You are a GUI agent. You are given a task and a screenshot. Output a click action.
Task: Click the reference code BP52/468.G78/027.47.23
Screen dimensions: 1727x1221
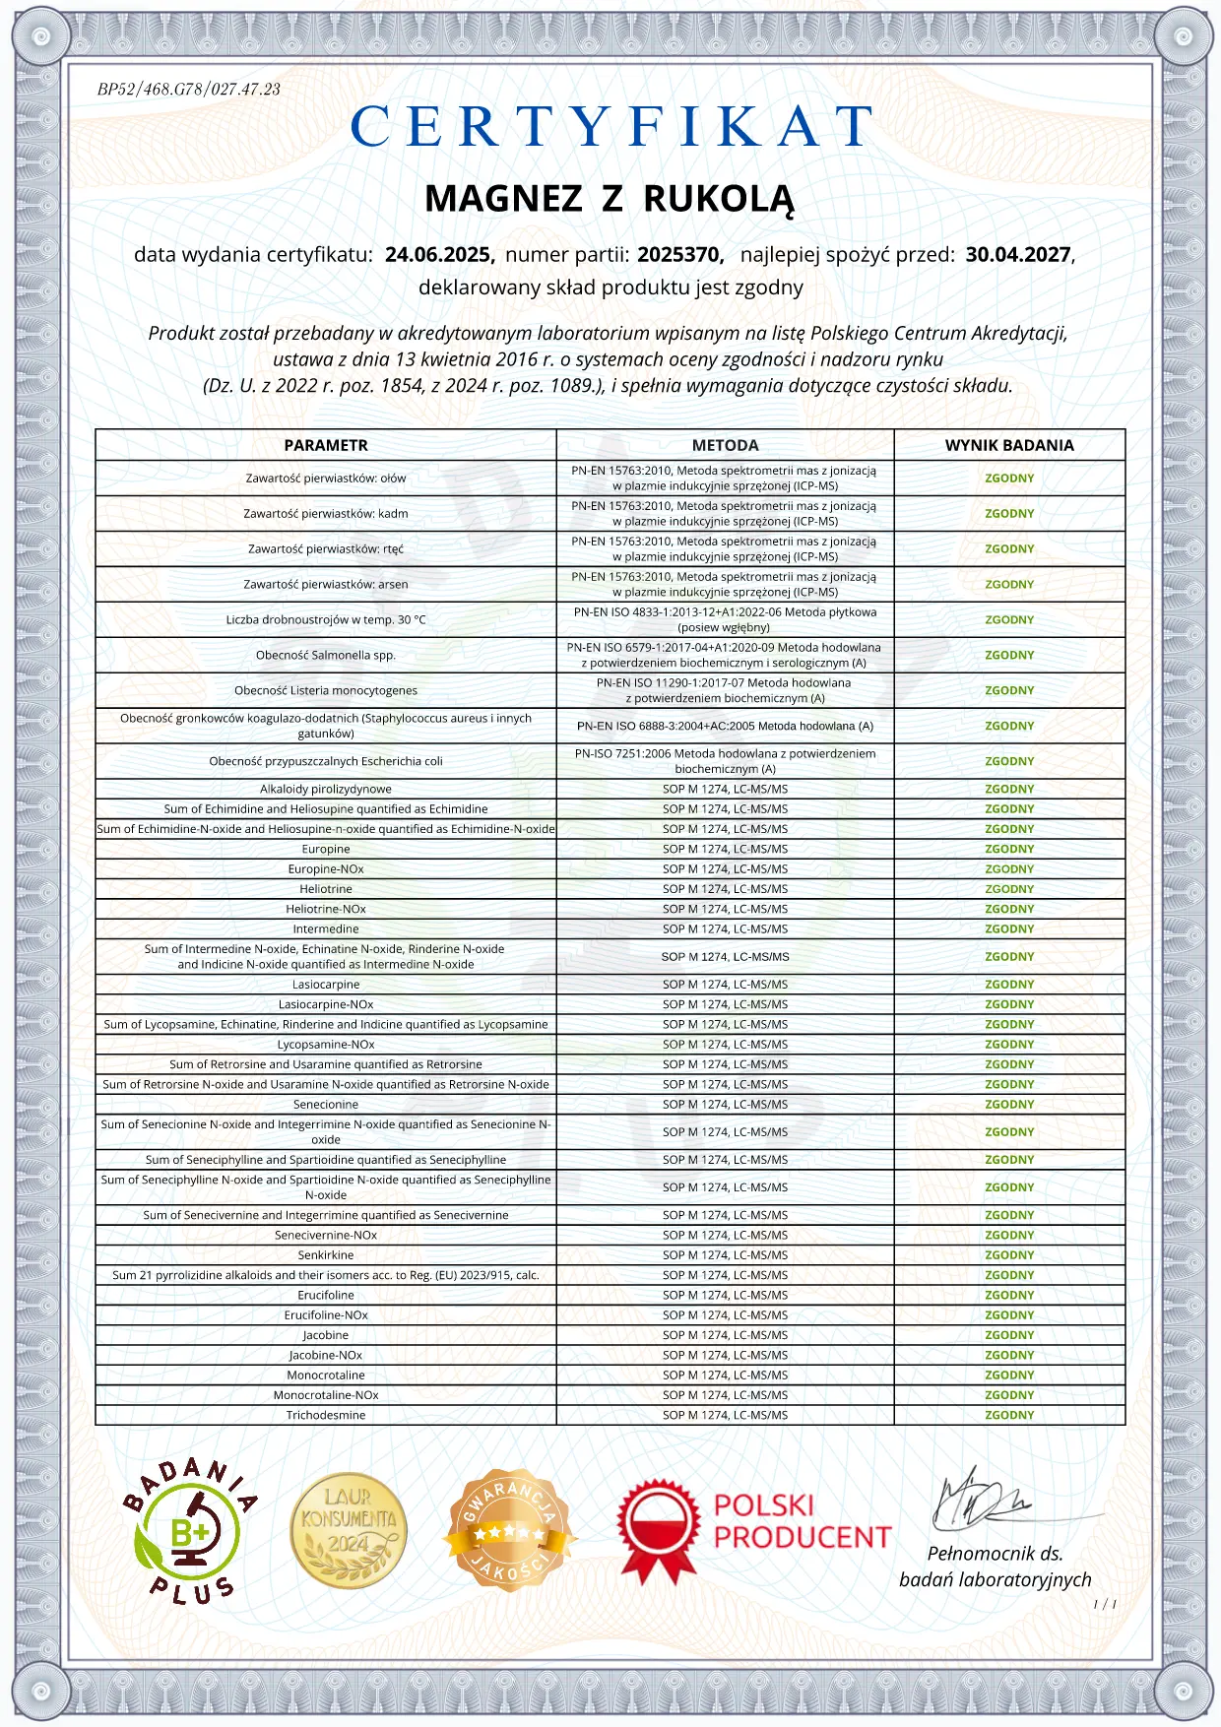[188, 90]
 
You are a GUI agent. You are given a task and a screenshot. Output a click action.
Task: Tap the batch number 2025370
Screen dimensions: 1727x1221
[679, 255]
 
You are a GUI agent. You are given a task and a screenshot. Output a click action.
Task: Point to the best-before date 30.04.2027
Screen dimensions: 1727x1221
[1017, 255]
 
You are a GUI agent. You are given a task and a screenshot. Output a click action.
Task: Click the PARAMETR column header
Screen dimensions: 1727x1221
[326, 445]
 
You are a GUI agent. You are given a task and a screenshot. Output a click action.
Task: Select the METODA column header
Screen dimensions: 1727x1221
[725, 445]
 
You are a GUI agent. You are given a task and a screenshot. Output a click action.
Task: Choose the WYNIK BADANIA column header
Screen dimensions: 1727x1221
[1009, 445]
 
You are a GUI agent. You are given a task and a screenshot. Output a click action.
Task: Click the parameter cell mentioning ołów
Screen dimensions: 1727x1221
[326, 479]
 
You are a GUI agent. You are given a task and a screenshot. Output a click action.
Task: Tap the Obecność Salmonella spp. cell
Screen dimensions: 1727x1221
[326, 656]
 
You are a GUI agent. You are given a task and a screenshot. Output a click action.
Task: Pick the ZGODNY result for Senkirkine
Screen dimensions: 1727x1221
[1009, 1255]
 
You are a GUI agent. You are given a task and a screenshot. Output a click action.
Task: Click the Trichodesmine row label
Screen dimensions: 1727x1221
[326, 1416]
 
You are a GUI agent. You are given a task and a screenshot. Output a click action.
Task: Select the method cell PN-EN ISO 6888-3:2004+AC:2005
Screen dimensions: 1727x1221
[725, 727]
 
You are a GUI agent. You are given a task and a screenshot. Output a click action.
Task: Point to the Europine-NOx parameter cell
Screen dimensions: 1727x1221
[326, 869]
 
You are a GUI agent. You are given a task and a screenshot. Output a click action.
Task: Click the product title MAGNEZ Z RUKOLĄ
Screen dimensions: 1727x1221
[610, 199]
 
